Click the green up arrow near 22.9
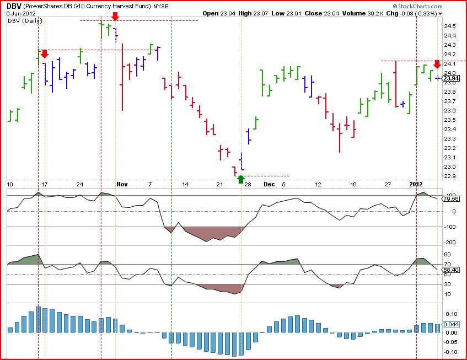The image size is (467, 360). (241, 179)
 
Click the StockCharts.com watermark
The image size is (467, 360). (417, 6)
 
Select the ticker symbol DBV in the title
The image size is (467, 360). (13, 6)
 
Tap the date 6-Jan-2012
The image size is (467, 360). (21, 13)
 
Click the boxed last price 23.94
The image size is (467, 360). (451, 78)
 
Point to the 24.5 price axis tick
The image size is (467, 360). (450, 26)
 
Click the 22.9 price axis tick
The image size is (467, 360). (450, 176)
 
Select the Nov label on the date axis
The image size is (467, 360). (122, 184)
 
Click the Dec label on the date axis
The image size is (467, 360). (269, 184)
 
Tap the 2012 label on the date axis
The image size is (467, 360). (416, 184)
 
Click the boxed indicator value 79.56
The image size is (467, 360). (451, 198)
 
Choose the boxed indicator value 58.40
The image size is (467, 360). (451, 270)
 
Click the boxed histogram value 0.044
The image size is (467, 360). (451, 325)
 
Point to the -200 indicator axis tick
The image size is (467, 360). (450, 243)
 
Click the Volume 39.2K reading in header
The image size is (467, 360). (363, 13)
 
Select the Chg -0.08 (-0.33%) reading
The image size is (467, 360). (412, 13)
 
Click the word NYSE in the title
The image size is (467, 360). (161, 6)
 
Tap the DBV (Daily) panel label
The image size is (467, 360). (25, 20)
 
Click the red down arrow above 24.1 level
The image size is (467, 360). (437, 65)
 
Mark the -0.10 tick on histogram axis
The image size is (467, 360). (451, 352)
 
